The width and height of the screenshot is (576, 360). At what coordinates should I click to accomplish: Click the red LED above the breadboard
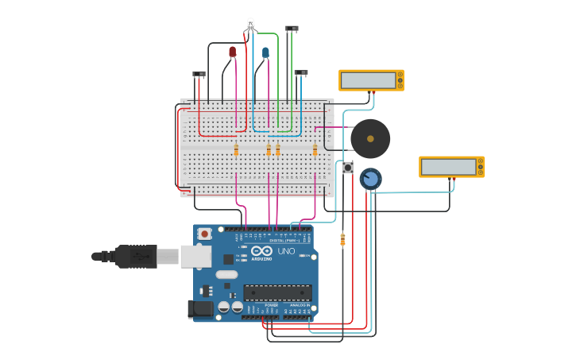tap(232, 52)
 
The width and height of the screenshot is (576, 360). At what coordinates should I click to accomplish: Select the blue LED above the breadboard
tap(265, 53)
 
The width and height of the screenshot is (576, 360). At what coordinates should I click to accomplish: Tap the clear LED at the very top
tap(250, 25)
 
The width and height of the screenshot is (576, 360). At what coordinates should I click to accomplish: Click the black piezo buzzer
tap(370, 138)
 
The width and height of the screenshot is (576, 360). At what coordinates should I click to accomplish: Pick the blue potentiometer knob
tap(370, 179)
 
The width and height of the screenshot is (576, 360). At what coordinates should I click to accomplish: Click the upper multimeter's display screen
tap(368, 80)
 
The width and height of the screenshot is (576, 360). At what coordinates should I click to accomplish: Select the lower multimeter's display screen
tap(448, 167)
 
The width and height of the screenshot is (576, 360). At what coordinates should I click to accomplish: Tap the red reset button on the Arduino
tap(205, 234)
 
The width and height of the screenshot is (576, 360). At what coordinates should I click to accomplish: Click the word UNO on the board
tap(286, 251)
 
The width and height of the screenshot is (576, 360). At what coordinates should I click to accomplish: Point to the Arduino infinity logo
tap(261, 251)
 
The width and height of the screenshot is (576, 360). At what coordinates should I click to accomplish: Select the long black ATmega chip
tap(277, 292)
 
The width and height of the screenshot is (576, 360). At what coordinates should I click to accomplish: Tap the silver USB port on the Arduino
tap(195, 256)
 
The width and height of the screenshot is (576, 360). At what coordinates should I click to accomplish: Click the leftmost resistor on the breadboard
tap(236, 150)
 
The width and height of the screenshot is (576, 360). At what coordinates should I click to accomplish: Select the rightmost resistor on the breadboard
tap(315, 150)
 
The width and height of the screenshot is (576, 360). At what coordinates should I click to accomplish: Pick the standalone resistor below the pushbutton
tap(342, 239)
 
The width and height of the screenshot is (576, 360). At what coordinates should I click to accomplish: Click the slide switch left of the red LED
tap(199, 75)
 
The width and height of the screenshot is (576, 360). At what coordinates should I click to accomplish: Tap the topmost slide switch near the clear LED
tap(292, 29)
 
